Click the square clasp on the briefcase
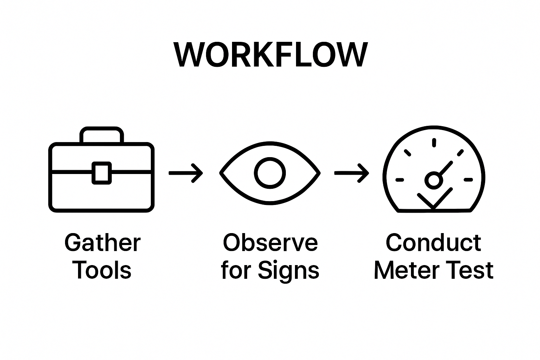coord(102,173)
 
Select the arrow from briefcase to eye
coord(186,173)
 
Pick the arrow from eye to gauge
coord(352,173)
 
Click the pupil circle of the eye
coord(270,173)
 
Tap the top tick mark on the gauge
coord(434,142)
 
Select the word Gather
coord(102,243)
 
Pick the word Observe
coord(270,243)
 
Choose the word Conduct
coord(433,243)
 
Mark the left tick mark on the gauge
coord(400,180)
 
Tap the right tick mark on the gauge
coord(468,180)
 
